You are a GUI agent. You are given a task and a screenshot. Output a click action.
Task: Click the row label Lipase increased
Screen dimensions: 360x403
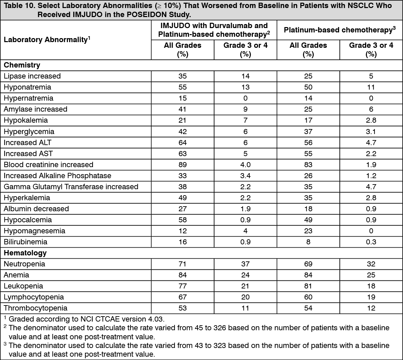(32, 76)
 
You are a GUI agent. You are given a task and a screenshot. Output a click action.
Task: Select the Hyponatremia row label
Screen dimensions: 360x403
(27, 87)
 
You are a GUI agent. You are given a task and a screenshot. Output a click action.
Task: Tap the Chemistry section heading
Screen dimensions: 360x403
(22, 65)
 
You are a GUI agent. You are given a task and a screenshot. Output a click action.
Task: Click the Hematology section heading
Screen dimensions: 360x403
(25, 253)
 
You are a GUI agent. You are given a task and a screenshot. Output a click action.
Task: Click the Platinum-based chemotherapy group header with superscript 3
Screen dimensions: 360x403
(339, 30)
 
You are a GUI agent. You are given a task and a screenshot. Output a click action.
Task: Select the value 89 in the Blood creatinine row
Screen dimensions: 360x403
(183, 165)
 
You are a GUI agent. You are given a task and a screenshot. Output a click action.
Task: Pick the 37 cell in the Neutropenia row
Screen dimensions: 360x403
(245, 264)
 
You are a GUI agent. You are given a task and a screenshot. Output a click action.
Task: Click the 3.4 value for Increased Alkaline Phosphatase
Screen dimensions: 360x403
(245, 176)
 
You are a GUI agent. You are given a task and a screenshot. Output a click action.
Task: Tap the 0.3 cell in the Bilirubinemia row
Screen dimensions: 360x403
(371, 242)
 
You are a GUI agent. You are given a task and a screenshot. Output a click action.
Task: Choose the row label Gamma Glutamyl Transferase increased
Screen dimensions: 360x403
(71, 187)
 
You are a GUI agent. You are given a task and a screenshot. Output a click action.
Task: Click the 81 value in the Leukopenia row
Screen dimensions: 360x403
(308, 286)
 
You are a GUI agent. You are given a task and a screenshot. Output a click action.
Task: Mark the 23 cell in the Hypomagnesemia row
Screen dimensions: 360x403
(308, 231)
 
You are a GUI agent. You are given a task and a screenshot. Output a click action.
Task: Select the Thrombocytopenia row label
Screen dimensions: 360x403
(35, 308)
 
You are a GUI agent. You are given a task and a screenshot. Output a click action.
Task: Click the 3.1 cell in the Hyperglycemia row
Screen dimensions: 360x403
(371, 132)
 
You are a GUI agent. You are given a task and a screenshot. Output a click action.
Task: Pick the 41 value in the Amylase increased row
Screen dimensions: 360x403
(183, 109)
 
